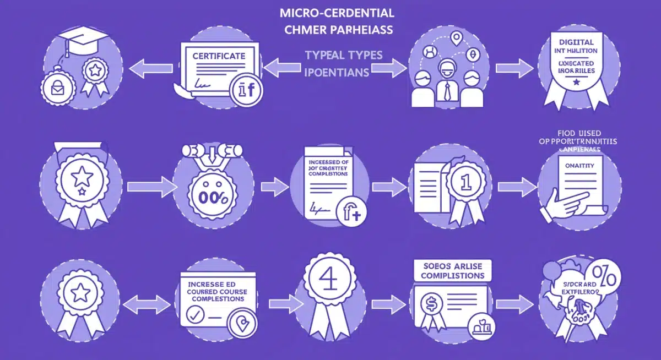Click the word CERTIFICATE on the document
tap(219, 56)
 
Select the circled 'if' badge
tap(247, 90)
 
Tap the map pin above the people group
tap(456, 38)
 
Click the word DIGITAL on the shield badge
tap(576, 41)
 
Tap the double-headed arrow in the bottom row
tap(147, 303)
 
